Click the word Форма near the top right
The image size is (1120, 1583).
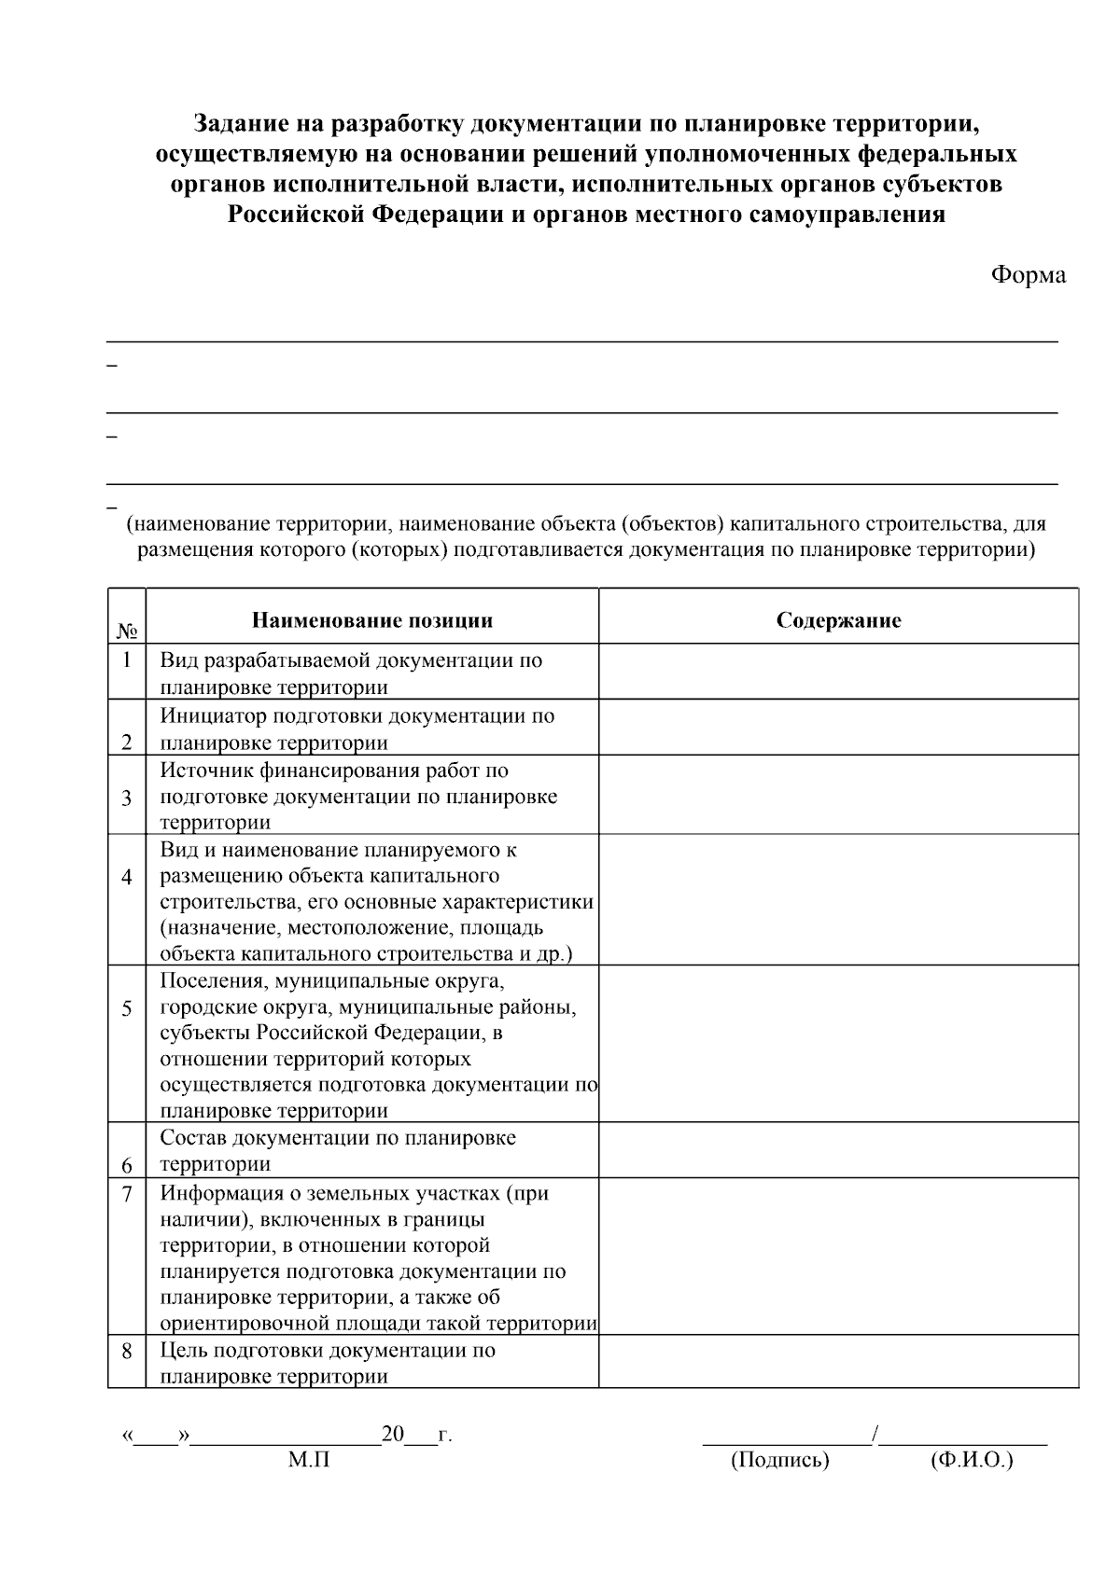pyautogui.click(x=1028, y=275)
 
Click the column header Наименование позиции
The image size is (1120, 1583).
pyautogui.click(x=371, y=620)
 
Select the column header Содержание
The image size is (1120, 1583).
pyautogui.click(x=838, y=620)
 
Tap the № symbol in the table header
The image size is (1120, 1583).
pyautogui.click(x=127, y=632)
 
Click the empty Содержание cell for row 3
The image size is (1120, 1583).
pyautogui.click(x=838, y=795)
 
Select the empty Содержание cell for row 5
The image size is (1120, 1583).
pyautogui.click(x=838, y=1043)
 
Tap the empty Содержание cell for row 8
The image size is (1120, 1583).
pyautogui.click(x=838, y=1361)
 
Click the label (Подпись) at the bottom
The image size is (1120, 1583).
pyautogui.click(x=779, y=1460)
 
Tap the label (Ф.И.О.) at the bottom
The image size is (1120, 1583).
pyautogui.click(x=971, y=1460)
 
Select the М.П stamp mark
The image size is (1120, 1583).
pyautogui.click(x=309, y=1460)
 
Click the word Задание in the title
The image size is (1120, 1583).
pyautogui.click(x=237, y=123)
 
